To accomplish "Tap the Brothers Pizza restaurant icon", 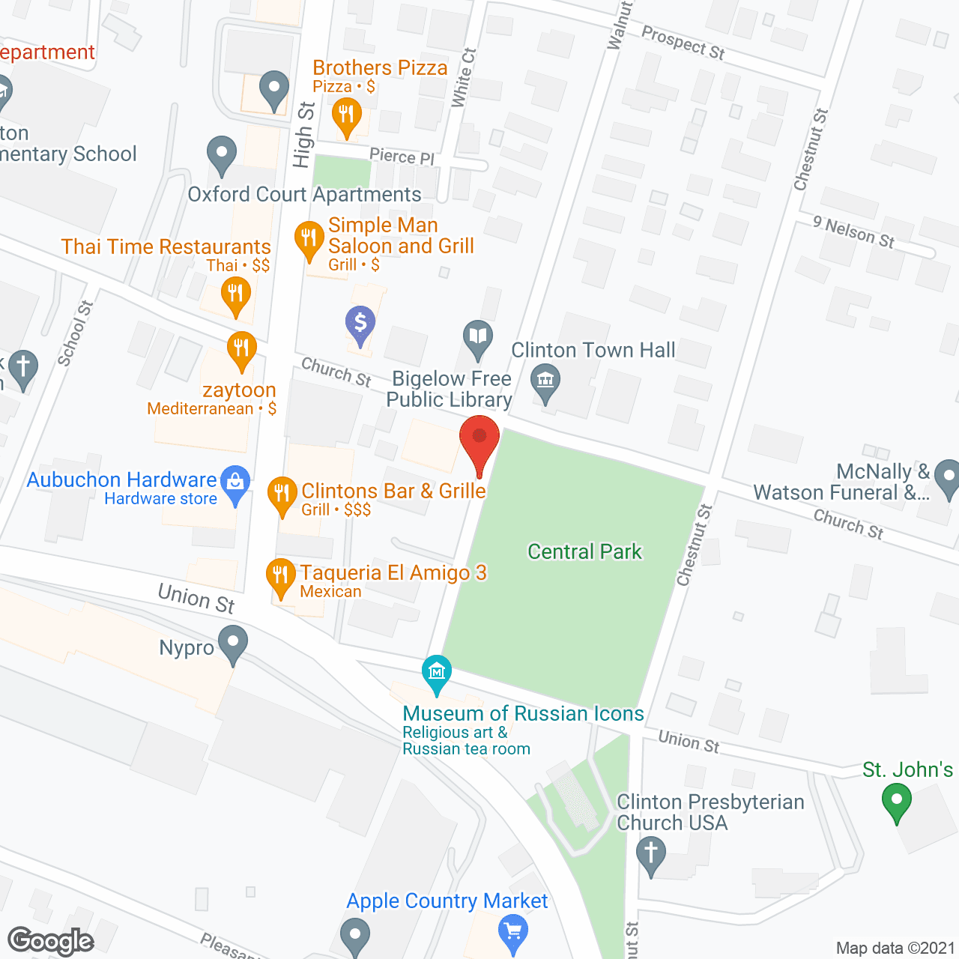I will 346,116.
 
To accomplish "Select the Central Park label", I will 584,552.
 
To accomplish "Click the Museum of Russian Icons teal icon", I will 436,671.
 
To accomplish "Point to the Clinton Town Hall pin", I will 545,381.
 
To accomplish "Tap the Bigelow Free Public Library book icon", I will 477,336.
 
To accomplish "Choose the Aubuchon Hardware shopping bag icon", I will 235,482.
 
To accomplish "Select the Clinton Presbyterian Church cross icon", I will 650,853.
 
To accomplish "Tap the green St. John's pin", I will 896,799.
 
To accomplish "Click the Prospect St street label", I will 683,43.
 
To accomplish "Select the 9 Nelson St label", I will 854,232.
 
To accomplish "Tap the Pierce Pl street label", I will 402,157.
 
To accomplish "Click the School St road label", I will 75,333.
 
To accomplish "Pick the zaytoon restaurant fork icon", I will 241,348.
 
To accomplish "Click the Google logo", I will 51,941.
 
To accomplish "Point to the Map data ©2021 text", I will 895,949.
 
